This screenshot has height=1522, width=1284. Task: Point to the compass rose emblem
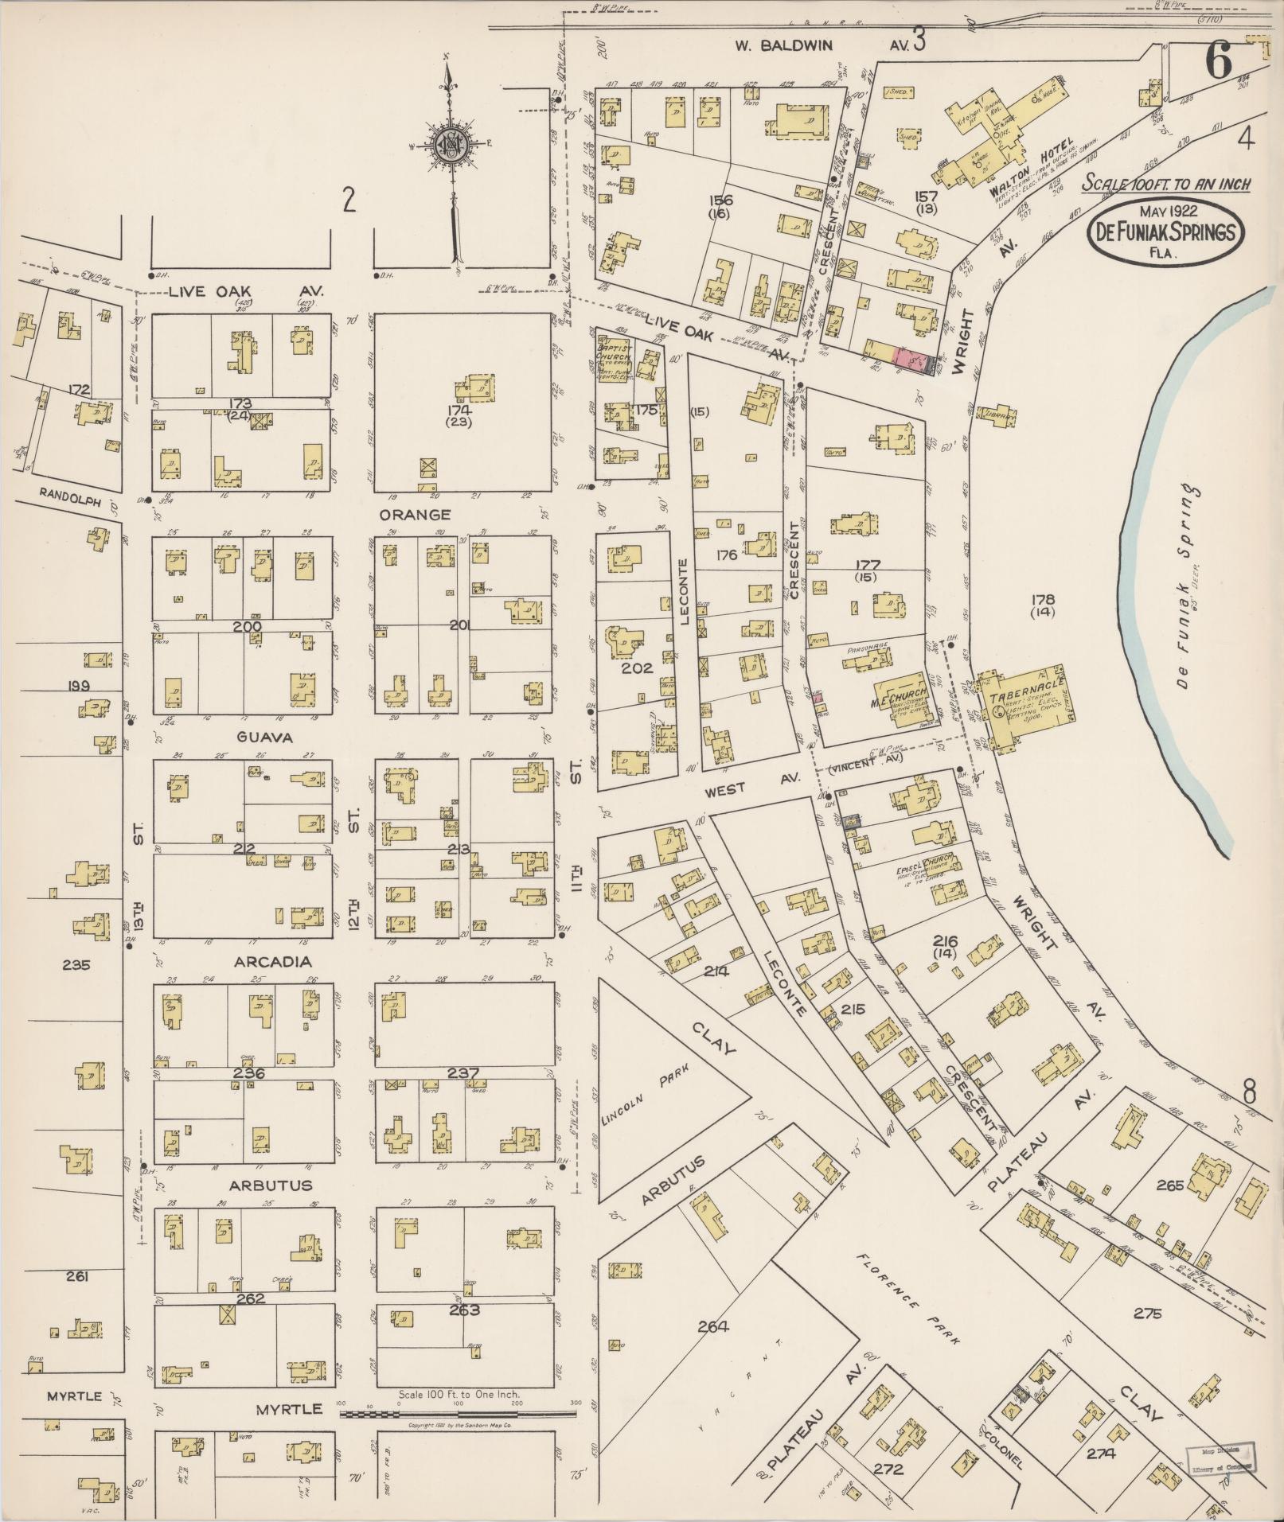coord(448,145)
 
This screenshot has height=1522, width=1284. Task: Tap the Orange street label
coord(420,515)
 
